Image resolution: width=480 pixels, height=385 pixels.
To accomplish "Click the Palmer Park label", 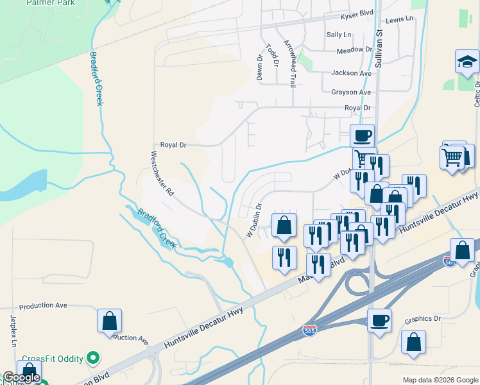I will point(50,3).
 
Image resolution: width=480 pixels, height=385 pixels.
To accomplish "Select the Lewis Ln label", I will point(400,20).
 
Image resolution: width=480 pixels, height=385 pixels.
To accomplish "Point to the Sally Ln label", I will point(339,35).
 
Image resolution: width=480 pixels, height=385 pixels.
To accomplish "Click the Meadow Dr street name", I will point(354,49).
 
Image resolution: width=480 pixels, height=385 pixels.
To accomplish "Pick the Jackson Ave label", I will point(352,73).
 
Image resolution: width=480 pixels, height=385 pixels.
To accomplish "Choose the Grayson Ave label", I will point(351,92).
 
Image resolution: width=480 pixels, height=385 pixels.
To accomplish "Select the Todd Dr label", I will point(273,55).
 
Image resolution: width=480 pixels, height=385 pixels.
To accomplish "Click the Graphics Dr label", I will point(424,319).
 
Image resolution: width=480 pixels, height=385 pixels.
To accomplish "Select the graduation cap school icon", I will point(468,62).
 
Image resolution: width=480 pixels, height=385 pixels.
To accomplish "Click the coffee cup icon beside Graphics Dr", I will point(379,320).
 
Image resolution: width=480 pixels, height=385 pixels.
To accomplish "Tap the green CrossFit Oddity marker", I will point(94,358).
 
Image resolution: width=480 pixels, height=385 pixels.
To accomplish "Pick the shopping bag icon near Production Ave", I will point(109,320).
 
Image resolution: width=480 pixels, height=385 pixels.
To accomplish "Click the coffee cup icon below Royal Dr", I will point(363,136).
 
